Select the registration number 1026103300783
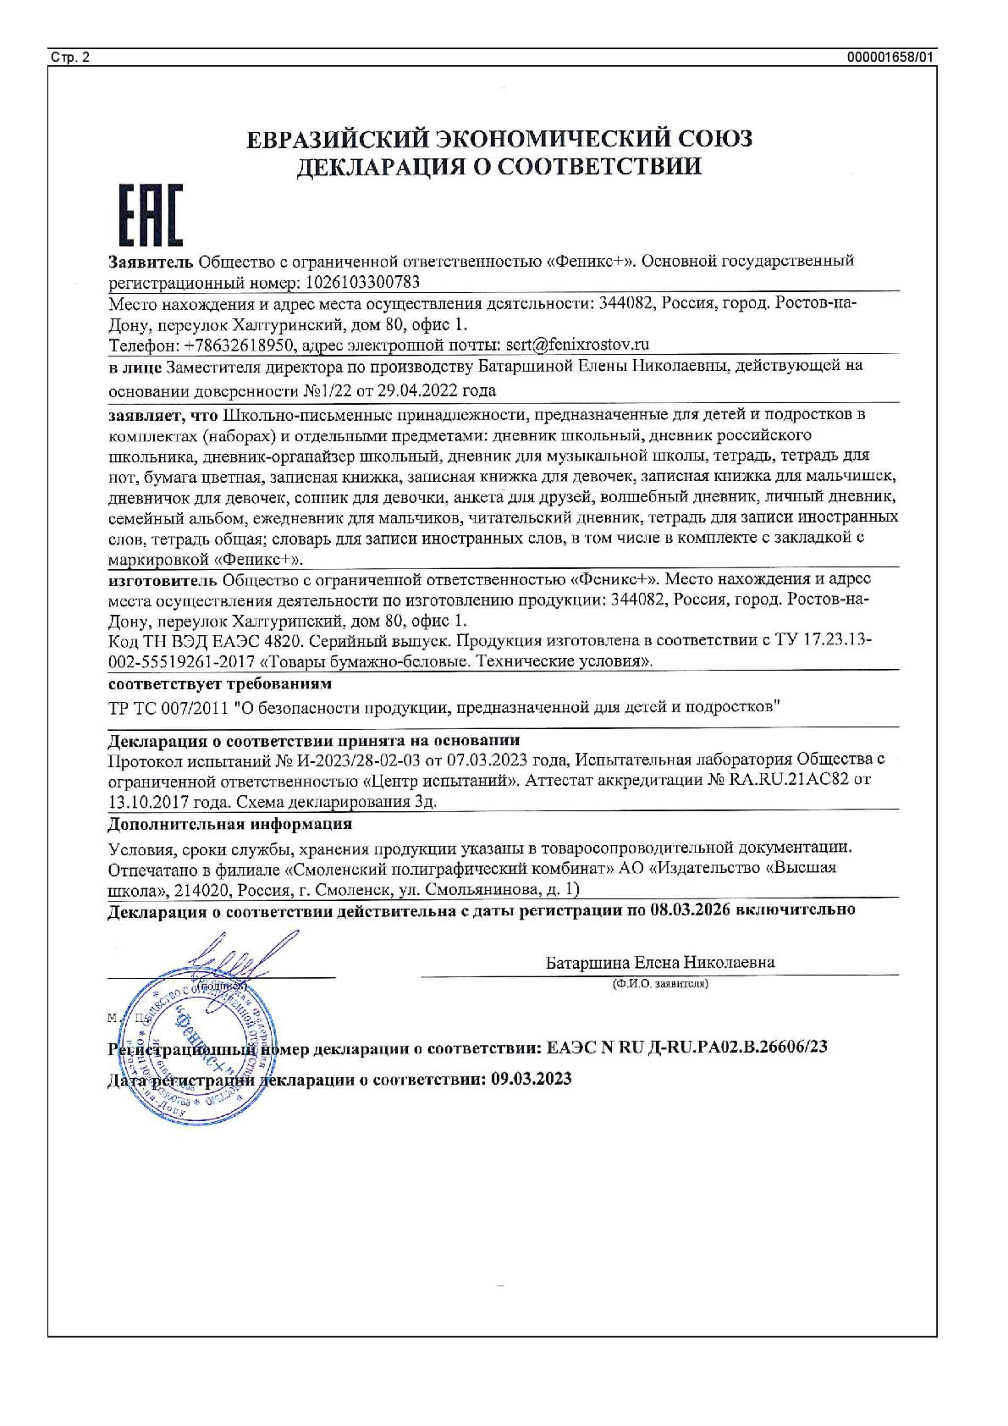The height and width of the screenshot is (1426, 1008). (x=360, y=282)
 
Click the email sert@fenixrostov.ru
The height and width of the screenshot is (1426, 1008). (x=576, y=345)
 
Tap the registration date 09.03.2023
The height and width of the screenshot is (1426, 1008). (x=531, y=1079)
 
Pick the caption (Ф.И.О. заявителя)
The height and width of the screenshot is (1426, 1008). (x=660, y=984)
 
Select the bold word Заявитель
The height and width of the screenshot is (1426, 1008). (x=151, y=261)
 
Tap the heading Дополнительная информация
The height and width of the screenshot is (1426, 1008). (x=230, y=824)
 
